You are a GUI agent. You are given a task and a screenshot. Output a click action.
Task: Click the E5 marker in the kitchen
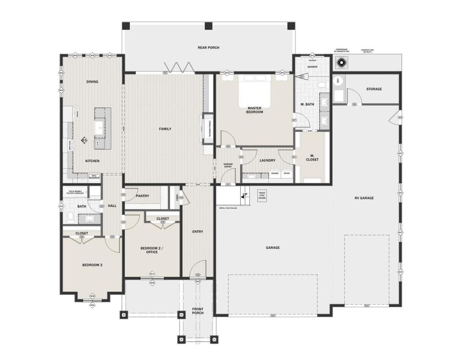point(84,141)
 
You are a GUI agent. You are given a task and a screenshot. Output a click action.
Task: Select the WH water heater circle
point(337,81)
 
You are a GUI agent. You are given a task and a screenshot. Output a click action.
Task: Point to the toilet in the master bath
point(321,84)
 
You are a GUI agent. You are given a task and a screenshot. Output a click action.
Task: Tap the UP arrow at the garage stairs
point(244,195)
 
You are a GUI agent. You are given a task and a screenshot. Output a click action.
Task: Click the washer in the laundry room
point(275,174)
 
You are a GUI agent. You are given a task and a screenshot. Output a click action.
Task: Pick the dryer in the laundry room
point(287,174)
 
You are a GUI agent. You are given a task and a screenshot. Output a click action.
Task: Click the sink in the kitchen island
point(99,128)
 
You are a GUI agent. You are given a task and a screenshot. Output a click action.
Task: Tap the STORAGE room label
point(374,89)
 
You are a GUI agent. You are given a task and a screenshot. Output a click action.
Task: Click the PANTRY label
point(142,196)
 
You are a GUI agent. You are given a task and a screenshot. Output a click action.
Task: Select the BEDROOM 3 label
point(92,265)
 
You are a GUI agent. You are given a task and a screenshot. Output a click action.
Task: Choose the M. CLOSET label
point(312,157)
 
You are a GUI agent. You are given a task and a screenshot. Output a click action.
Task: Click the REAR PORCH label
point(208,47)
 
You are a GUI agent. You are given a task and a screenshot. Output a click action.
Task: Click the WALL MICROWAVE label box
point(94,176)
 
